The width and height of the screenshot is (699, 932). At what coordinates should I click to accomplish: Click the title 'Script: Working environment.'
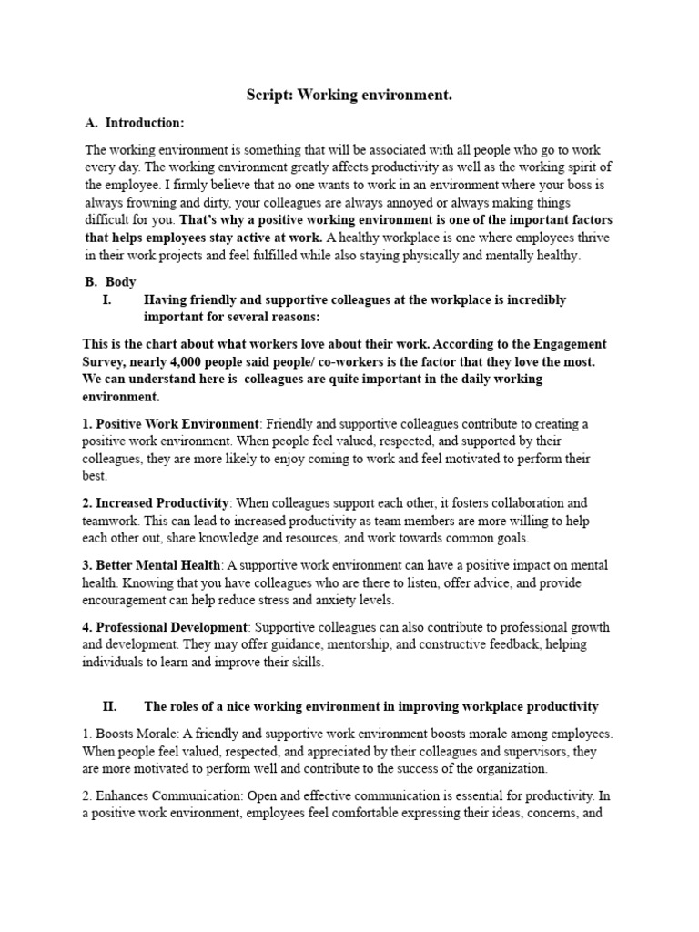349,95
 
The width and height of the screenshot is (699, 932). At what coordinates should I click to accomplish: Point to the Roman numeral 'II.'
114,706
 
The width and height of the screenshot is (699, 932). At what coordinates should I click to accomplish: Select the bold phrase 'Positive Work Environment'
177,423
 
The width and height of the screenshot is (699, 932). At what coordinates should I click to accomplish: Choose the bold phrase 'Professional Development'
172,628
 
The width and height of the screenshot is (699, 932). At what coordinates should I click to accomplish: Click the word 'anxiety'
397,600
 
